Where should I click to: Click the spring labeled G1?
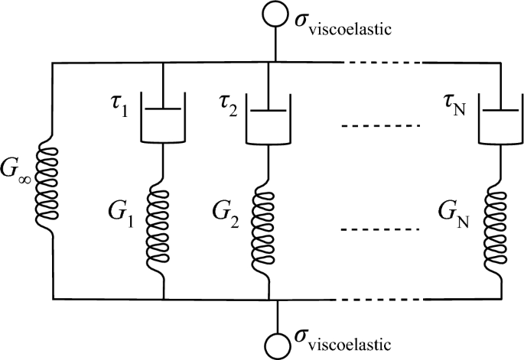click(x=164, y=225)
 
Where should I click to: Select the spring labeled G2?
click(x=269, y=225)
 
